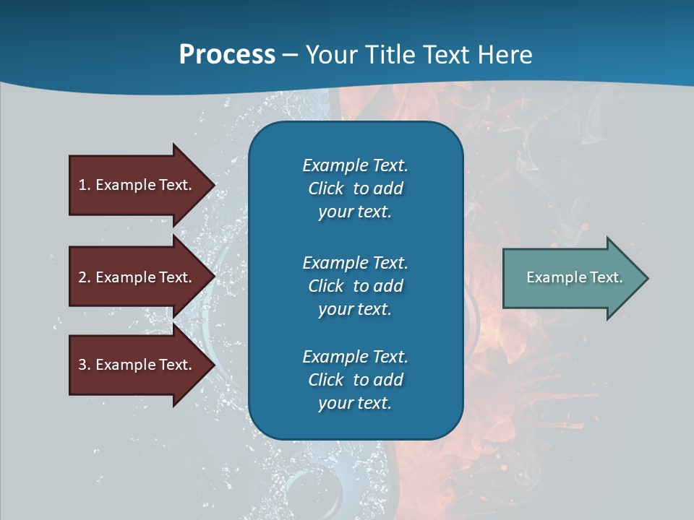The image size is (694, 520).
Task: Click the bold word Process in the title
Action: click(227, 55)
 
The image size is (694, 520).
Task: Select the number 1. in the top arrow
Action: click(85, 185)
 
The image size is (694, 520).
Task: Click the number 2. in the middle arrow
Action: click(85, 277)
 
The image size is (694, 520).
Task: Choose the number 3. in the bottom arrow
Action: click(85, 365)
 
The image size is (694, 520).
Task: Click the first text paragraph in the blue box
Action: click(355, 188)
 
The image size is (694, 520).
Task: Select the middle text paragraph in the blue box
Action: click(355, 285)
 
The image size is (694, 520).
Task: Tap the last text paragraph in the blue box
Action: click(355, 380)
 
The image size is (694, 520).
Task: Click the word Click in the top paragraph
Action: click(325, 188)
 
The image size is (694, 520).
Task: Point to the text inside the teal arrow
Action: click(574, 277)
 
